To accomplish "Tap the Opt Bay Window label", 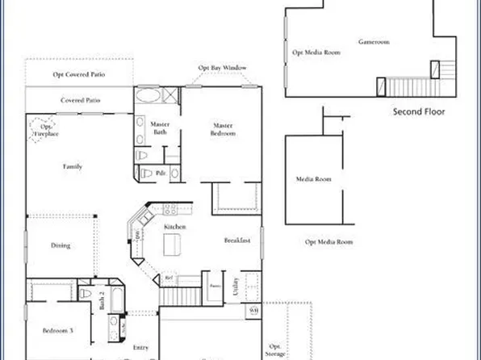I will tap(222, 68).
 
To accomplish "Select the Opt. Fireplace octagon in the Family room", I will tap(43, 130).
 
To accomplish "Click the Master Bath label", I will tap(159, 128).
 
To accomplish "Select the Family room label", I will tap(73, 166).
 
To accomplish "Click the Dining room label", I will tap(61, 245).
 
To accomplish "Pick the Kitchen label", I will tap(175, 228).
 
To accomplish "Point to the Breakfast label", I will tap(237, 241).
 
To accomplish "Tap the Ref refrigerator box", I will tap(169, 278).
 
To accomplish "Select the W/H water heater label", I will tap(253, 310).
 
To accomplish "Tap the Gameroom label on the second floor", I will tap(374, 41).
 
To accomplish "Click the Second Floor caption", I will tap(419, 111).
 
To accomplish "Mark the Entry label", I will tap(141, 347).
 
